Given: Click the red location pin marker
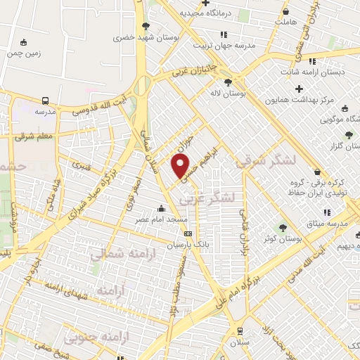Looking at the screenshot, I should click(x=181, y=167).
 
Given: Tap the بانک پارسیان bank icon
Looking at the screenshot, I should click(x=187, y=234).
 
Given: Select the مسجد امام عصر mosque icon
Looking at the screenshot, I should click(x=162, y=208).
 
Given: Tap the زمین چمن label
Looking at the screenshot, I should click(x=24, y=53).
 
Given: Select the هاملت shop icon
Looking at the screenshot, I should click(x=285, y=11).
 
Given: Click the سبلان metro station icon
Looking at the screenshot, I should click(x=240, y=330).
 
